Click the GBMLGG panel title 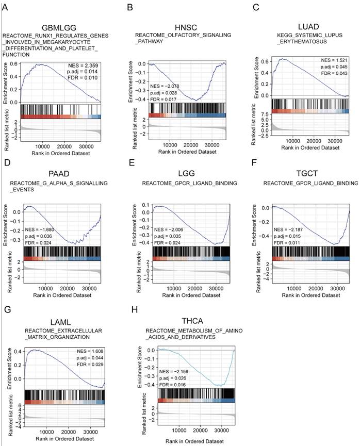(x=59, y=27)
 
